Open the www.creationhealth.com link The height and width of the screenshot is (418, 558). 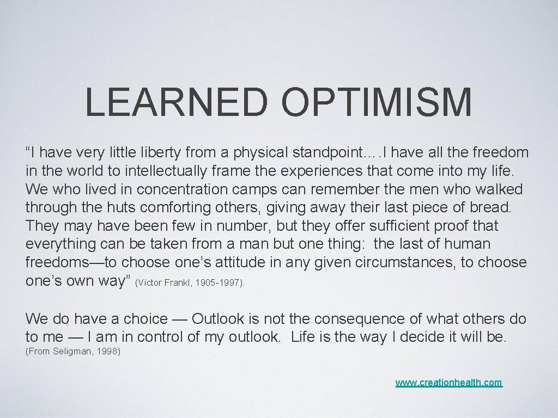(x=449, y=383)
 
